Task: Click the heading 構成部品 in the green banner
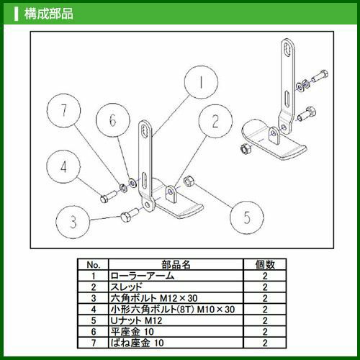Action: coord(48,14)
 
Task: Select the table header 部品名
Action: coord(176,265)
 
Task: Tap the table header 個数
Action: coord(265,265)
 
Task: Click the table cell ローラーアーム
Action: coord(143,276)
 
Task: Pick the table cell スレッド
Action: coord(126,287)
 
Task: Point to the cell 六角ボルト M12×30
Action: coord(154,298)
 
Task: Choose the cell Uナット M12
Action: coord(136,320)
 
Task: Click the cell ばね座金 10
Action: coord(137,343)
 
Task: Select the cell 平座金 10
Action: coord(132,332)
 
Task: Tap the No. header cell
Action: coord(94,265)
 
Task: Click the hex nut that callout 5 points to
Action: coord(189,181)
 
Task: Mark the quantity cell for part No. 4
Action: coord(265,310)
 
